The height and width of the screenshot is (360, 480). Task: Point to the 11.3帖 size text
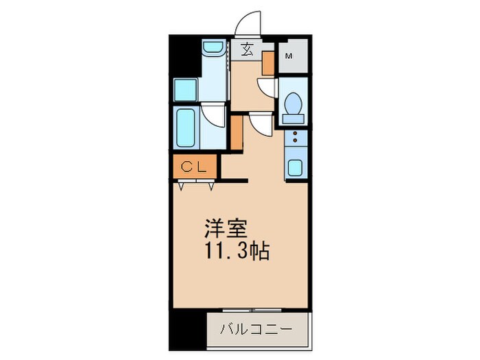[235, 251]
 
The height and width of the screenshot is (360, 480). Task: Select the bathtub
[186, 128]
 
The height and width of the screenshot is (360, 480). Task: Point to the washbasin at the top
[213, 49]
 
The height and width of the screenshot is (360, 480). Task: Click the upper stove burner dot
[296, 135]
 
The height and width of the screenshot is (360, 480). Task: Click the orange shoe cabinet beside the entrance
[269, 62]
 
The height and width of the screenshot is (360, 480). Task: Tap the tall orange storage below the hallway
[236, 133]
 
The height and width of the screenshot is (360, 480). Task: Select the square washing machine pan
[186, 90]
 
